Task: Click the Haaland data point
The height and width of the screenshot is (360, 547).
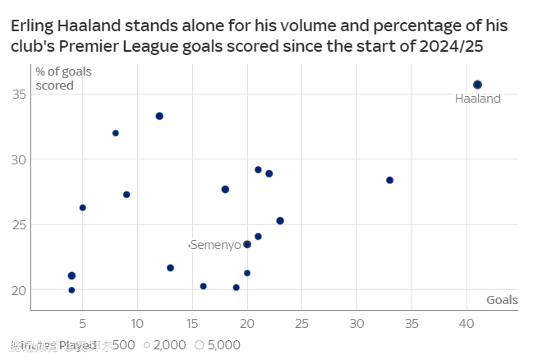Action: (477, 85)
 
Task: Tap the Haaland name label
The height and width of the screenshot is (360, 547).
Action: (477, 99)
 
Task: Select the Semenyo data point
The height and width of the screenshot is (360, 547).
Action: (247, 244)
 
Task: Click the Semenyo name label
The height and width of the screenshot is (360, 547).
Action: (216, 245)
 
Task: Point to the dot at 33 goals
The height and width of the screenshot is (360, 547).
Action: (389, 180)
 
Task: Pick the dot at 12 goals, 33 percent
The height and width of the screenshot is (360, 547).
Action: (159, 116)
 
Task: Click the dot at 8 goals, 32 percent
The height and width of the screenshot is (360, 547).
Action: (116, 133)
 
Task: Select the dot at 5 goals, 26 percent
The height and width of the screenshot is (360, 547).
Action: (83, 208)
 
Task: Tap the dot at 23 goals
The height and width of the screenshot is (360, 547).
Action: (280, 220)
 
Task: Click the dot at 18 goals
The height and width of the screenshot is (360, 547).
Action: (225, 189)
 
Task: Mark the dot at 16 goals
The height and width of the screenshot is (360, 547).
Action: (204, 286)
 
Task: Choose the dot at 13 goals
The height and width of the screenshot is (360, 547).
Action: (170, 268)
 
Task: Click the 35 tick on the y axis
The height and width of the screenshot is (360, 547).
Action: (18, 95)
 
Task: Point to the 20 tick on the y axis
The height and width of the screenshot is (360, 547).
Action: (18, 290)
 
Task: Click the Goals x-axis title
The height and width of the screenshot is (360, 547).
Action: (502, 300)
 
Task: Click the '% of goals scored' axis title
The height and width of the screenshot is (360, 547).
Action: (63, 78)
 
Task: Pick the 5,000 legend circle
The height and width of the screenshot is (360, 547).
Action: (199, 345)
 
